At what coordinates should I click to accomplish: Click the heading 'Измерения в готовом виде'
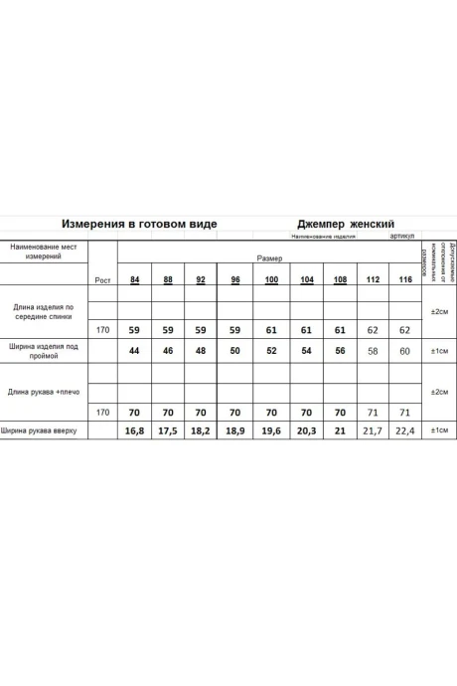coord(139,225)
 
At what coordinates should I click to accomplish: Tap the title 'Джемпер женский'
coord(347,225)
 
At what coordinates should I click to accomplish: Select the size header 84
coord(134,279)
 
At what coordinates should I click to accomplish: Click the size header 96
coord(235,279)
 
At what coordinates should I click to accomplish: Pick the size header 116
coord(405,279)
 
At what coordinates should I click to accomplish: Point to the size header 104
coord(306,279)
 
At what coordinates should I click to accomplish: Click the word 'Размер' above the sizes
coord(269,257)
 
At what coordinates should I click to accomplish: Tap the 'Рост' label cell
coord(102,280)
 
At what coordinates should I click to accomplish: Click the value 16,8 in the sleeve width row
coord(134,430)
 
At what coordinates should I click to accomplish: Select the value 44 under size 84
coord(134,352)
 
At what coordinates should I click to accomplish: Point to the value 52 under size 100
coord(271,352)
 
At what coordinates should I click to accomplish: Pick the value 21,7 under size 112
coord(373,430)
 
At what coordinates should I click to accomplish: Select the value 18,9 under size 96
coord(235,430)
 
